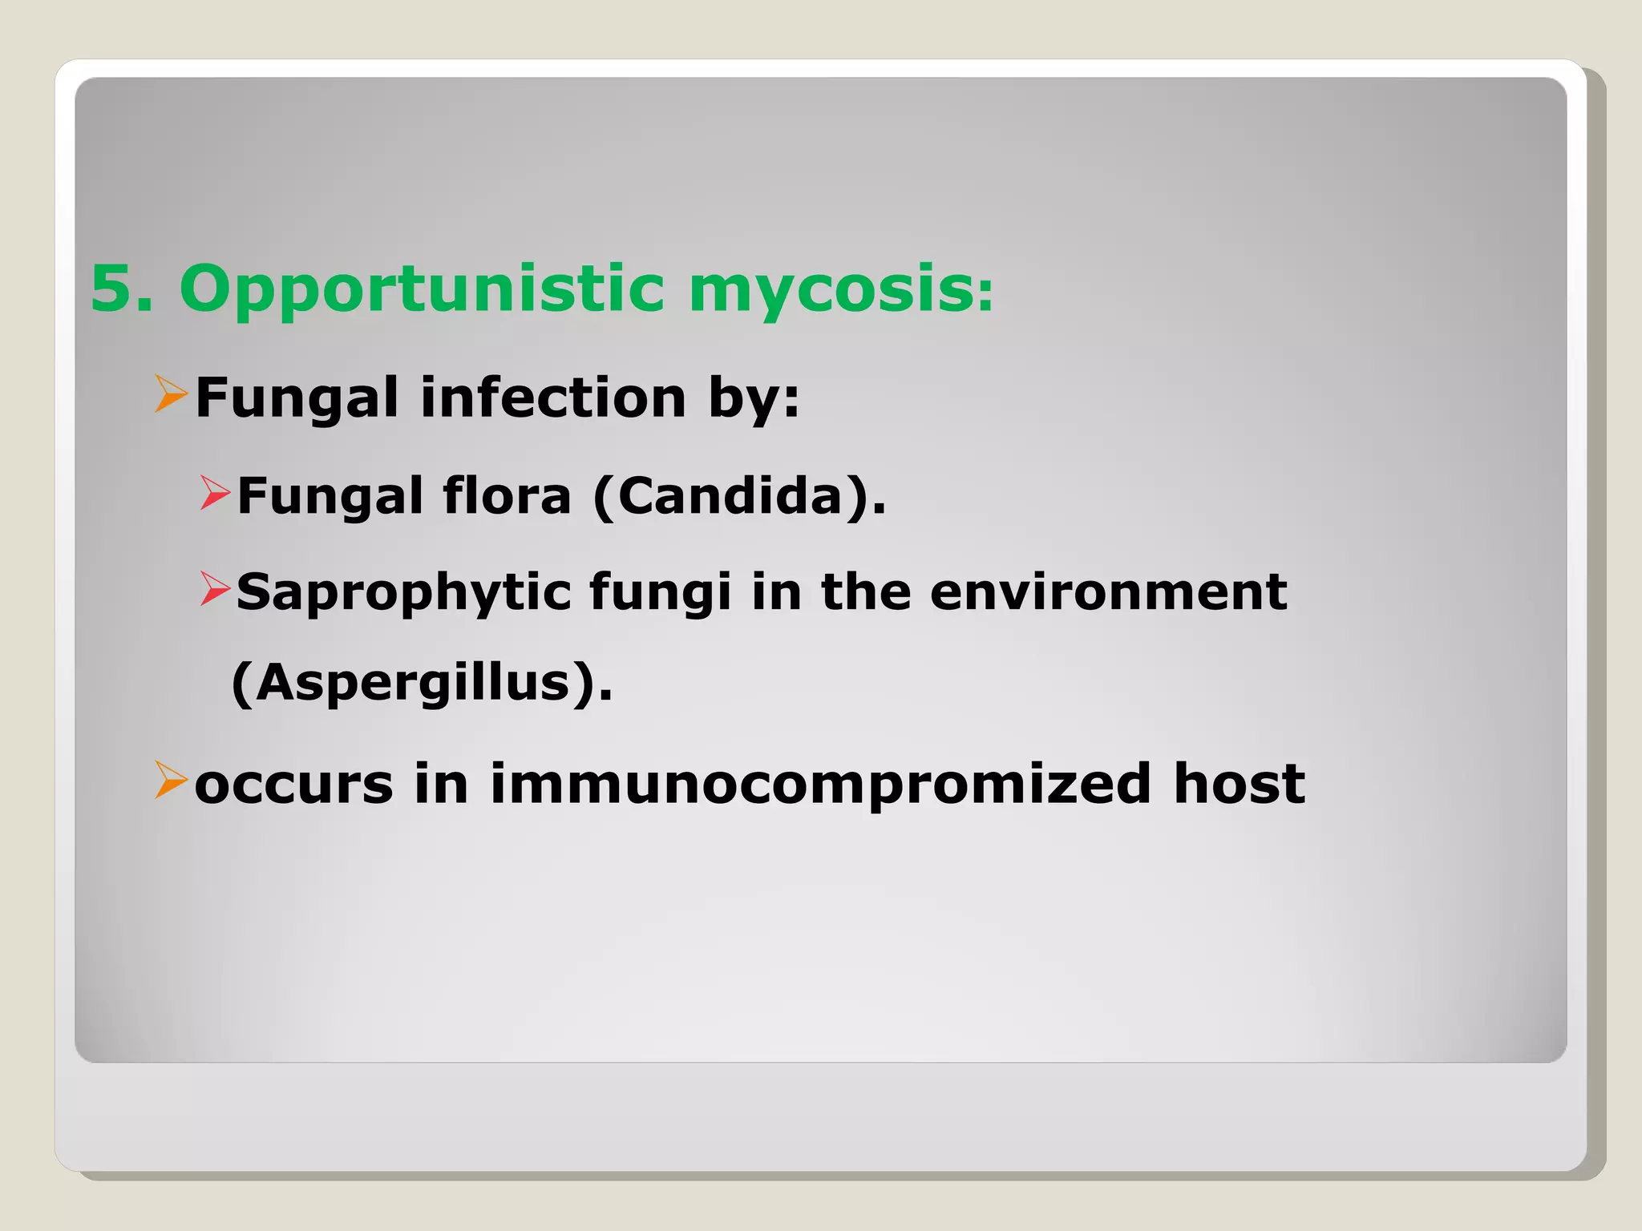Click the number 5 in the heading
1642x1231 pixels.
[x=112, y=289]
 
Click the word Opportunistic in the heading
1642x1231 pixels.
[x=422, y=290]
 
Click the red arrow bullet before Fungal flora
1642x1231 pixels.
[x=215, y=493]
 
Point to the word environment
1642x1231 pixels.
[x=1108, y=592]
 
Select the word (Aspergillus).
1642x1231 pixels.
[x=422, y=684]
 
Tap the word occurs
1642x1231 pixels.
[x=293, y=784]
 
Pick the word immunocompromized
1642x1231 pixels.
[x=820, y=785]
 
